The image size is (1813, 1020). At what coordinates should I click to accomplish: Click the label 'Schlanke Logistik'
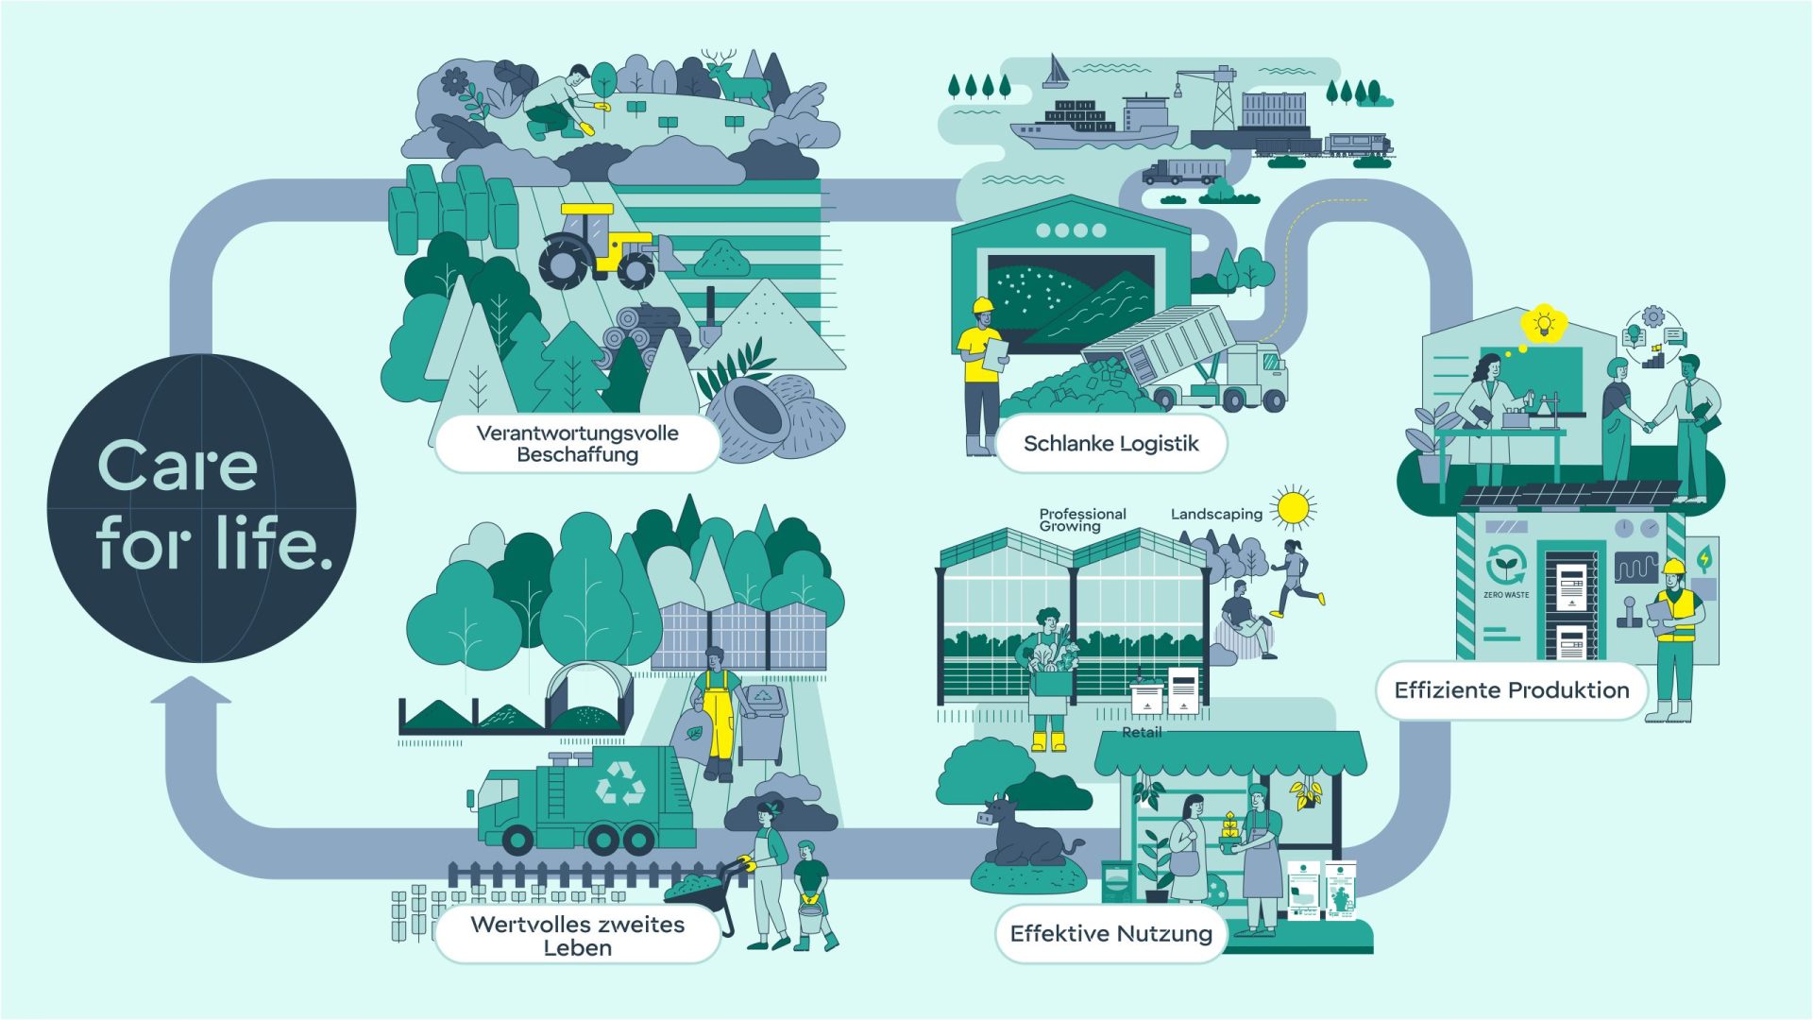(1110, 443)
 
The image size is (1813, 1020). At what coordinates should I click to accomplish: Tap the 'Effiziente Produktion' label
(1511, 690)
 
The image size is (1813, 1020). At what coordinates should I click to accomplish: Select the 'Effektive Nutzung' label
(1110, 933)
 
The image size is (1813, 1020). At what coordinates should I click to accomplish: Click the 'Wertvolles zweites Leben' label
(578, 935)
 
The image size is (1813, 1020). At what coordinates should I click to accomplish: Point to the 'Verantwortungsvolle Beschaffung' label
(578, 444)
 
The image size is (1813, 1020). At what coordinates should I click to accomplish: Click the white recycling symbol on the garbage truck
(620, 783)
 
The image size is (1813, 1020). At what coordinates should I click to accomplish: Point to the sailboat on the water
(1056, 72)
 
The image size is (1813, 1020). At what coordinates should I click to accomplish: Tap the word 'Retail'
(1142, 732)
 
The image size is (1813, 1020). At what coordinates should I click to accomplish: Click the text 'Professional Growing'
(1082, 519)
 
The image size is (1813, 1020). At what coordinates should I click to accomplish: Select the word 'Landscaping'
(1216, 514)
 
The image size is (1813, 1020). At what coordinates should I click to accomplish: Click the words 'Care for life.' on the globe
(215, 505)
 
